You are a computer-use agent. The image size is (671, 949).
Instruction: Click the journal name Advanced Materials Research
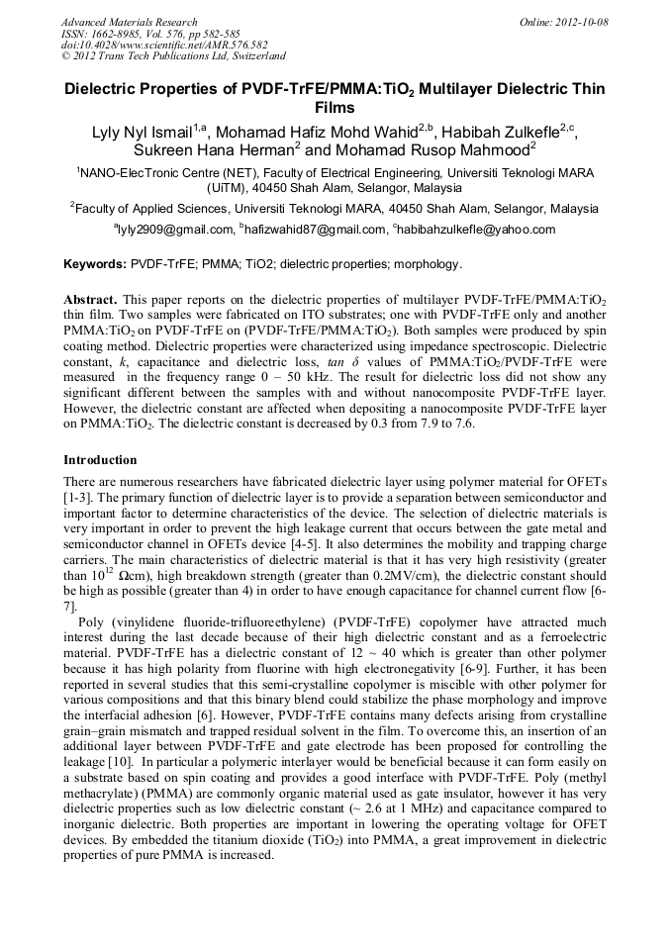tap(129, 22)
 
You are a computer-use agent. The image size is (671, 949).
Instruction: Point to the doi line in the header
tap(163, 46)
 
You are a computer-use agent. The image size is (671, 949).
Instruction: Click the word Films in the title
tap(335, 107)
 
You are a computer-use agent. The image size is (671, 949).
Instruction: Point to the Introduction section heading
tap(100, 460)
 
